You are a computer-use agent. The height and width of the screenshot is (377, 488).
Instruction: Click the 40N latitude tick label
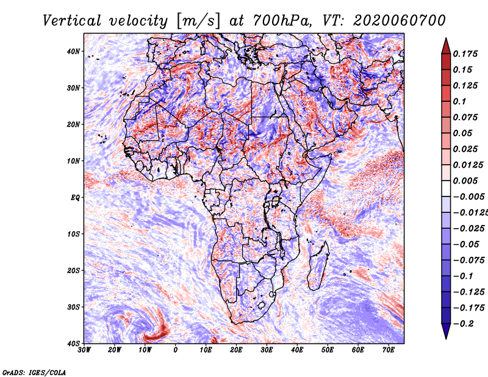pyautogui.click(x=73, y=51)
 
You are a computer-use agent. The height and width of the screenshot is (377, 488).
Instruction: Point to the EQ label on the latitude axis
pyautogui.click(x=74, y=198)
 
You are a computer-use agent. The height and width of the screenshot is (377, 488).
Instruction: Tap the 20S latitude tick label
pyautogui.click(x=73, y=270)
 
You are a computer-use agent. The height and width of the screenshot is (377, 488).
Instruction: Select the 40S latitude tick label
pyautogui.click(x=73, y=343)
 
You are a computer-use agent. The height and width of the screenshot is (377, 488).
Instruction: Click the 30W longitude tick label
pyautogui.click(x=84, y=350)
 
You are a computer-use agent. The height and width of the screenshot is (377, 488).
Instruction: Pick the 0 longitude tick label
pyautogui.click(x=176, y=350)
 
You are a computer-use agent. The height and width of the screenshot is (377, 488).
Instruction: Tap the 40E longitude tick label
pyautogui.click(x=297, y=350)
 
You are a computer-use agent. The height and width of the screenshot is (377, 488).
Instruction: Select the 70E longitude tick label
pyautogui.click(x=389, y=350)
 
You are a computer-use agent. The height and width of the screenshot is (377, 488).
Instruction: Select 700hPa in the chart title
pyautogui.click(x=267, y=20)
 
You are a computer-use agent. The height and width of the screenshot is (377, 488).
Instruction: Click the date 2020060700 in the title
pyautogui.click(x=393, y=20)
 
